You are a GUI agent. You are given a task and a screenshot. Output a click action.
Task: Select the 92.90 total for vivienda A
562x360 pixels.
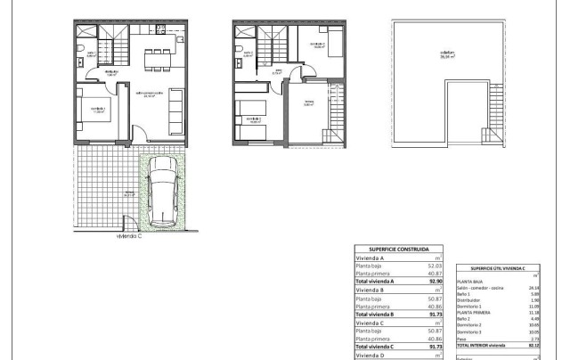tap(433, 282)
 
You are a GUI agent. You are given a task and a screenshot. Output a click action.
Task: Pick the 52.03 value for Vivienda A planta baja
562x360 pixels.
tap(433, 266)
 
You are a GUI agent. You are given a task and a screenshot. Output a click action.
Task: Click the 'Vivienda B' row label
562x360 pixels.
tap(370, 290)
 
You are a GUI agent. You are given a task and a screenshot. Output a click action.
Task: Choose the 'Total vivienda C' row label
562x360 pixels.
tap(379, 347)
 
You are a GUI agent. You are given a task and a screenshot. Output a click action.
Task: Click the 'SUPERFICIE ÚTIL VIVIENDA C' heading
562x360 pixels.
tap(498, 267)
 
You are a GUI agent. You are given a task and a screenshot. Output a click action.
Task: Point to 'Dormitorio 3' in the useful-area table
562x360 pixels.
tap(471, 332)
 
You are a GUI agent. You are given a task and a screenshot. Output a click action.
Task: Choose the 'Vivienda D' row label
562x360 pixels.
tap(370, 355)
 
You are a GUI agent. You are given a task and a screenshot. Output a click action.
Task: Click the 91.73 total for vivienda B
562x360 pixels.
tap(433, 315)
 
